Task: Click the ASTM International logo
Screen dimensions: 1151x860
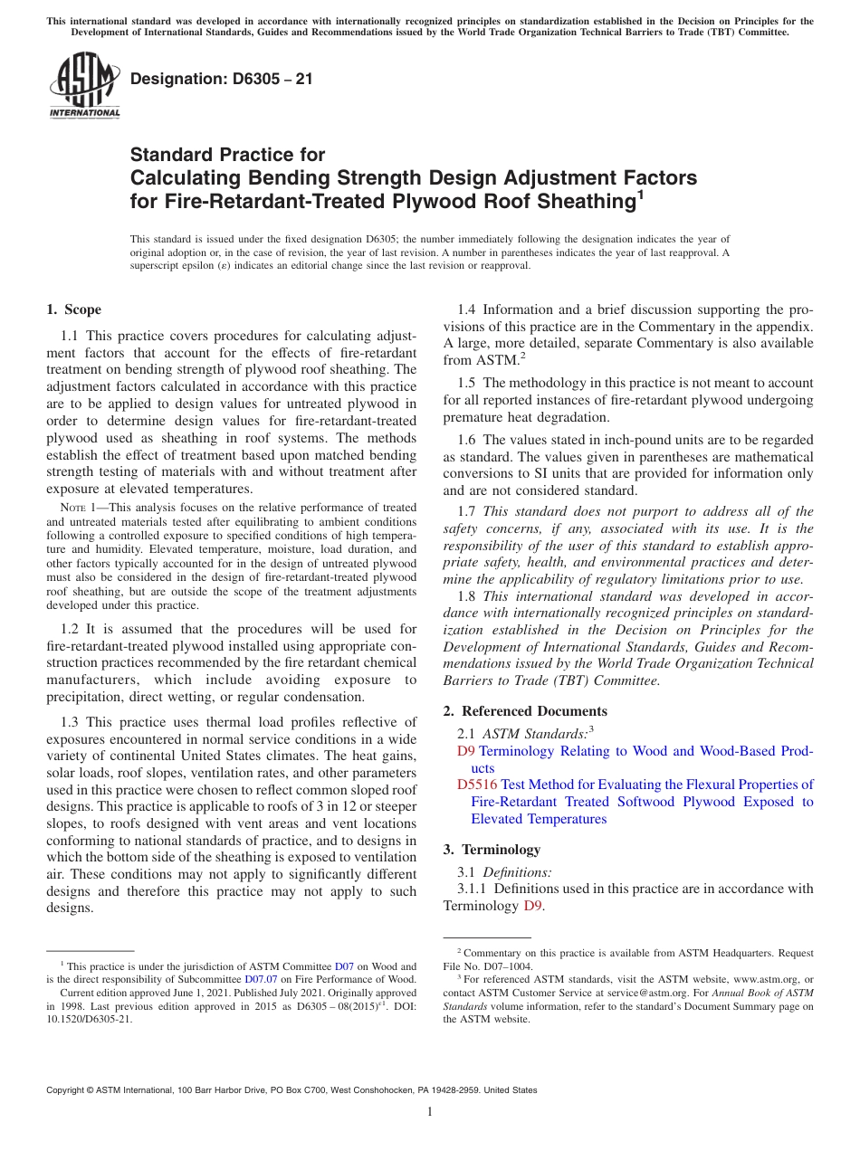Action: [83, 86]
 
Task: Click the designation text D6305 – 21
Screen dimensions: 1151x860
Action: [222, 79]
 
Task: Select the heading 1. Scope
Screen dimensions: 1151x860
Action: [73, 309]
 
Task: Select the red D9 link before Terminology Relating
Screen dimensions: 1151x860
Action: [465, 751]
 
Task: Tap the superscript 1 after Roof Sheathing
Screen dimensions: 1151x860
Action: [639, 194]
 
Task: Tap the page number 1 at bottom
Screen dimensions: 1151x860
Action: [430, 1112]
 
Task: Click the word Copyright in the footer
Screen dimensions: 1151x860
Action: [69, 1090]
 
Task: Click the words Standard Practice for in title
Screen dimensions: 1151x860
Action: [227, 156]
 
